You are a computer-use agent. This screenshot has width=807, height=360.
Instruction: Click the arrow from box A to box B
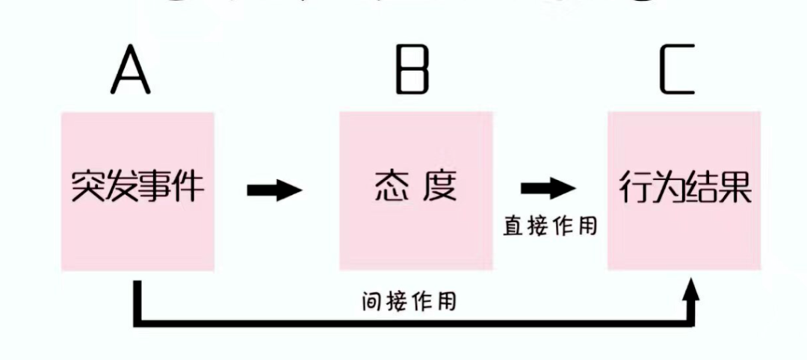click(x=274, y=190)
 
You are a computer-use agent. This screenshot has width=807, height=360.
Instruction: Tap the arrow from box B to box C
click(x=548, y=189)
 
